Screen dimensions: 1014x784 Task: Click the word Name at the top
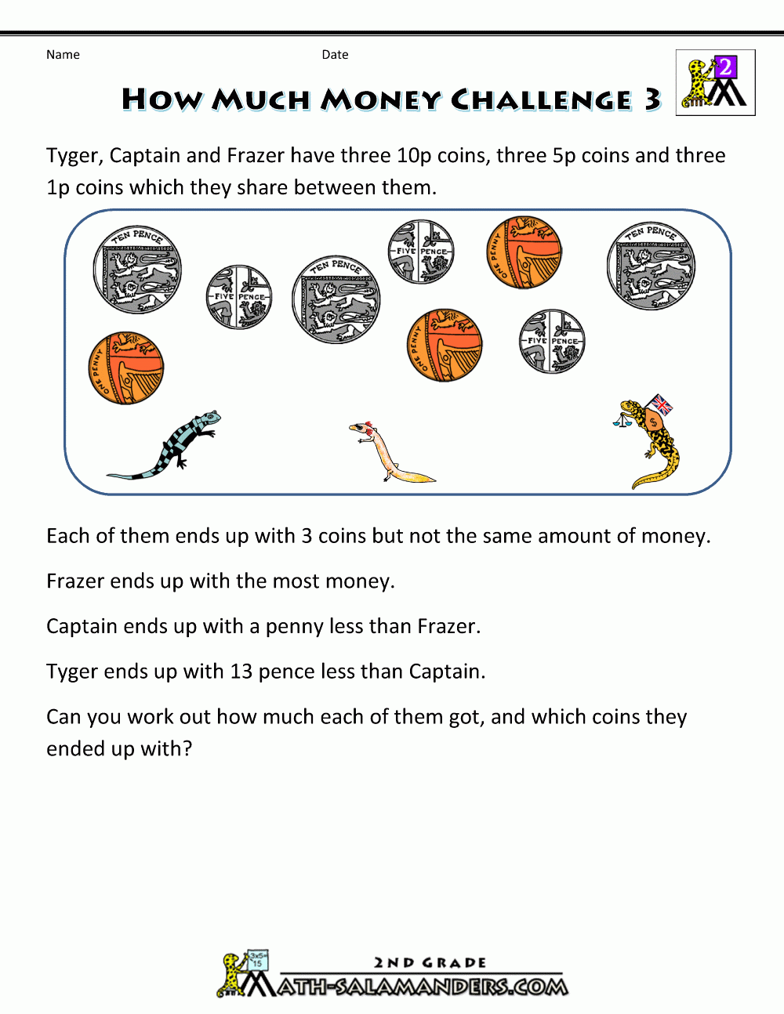coord(63,55)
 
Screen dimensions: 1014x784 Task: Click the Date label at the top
coord(335,55)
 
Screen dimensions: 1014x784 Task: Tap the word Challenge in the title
coord(542,100)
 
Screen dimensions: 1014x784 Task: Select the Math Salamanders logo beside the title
coord(715,83)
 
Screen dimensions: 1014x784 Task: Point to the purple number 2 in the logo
coord(726,67)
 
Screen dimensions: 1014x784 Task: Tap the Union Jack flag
coord(662,404)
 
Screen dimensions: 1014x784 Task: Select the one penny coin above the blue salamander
coord(125,368)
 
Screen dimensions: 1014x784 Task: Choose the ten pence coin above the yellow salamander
coord(651,266)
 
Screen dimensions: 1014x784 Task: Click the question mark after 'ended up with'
coord(187,749)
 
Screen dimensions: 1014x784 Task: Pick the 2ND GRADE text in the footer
coord(430,962)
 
